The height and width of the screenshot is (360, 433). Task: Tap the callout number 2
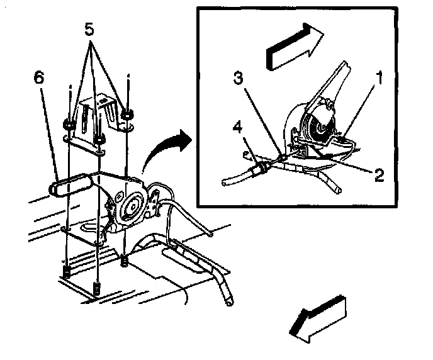click(379, 174)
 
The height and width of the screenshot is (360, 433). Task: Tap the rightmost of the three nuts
click(128, 114)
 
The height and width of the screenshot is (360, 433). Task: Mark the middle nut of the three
click(101, 133)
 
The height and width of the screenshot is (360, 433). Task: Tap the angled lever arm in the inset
click(334, 82)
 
